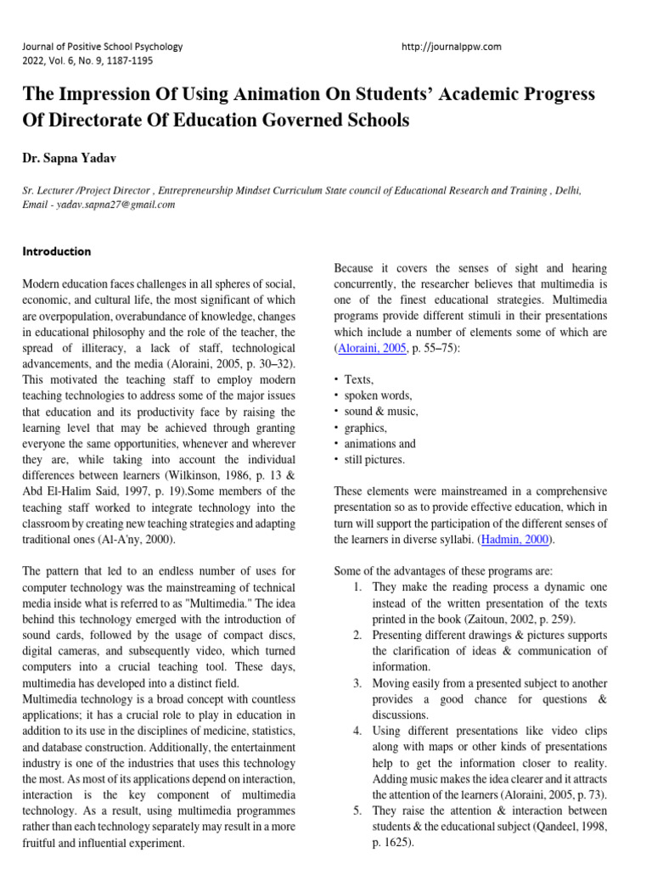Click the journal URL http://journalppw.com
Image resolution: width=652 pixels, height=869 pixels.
tap(451, 47)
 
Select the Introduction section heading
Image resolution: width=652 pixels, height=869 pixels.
tap(57, 251)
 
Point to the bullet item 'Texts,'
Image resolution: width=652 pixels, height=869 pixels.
tap(358, 379)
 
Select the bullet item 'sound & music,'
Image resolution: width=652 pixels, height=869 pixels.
tap(381, 412)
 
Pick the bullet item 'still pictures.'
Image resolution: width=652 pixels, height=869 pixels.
tap(374, 460)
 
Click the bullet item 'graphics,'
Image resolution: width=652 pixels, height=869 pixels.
tap(365, 428)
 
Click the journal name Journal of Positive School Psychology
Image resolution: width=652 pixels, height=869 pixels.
tap(103, 47)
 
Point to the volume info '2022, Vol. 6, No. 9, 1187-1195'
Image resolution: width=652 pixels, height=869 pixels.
tap(88, 60)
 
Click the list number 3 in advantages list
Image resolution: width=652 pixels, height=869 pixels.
tap(357, 683)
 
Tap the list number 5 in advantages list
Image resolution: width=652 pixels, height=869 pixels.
tap(357, 810)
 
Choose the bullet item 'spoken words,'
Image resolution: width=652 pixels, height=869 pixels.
tap(378, 395)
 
